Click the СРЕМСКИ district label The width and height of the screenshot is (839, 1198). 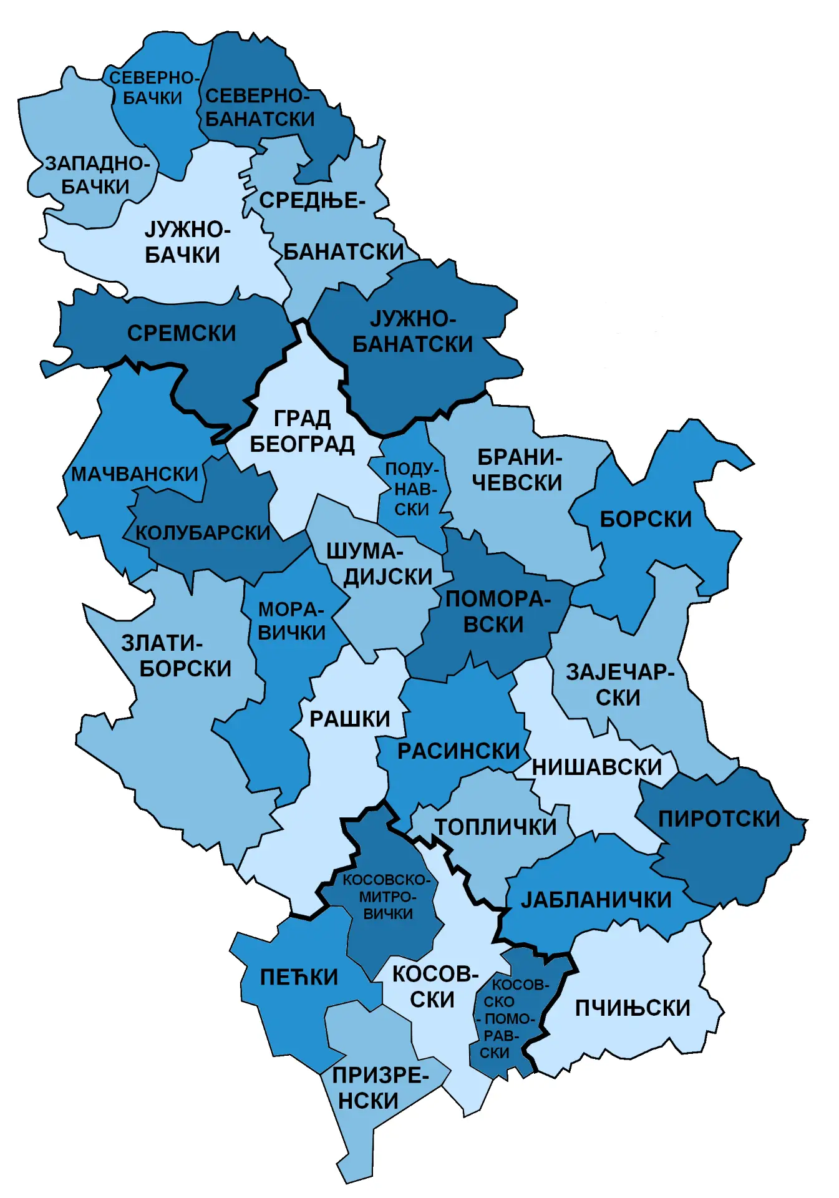point(182,333)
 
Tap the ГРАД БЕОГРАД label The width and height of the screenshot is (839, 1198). point(302,431)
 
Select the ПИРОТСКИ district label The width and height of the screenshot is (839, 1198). point(719,819)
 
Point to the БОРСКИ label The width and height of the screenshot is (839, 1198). point(646,519)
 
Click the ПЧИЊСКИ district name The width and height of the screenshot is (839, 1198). point(633,1008)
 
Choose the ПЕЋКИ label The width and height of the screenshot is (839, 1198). point(299,977)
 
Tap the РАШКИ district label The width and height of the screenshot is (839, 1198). point(349,719)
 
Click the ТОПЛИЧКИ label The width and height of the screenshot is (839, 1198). point(495,827)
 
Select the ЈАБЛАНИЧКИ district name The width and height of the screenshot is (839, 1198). point(596,900)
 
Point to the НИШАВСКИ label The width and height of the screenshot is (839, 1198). point(596,767)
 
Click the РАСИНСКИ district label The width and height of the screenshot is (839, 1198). point(458,751)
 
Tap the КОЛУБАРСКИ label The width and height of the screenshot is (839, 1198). point(203,533)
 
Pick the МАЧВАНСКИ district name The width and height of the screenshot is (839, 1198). point(134,474)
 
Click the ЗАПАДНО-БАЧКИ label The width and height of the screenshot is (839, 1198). point(97,175)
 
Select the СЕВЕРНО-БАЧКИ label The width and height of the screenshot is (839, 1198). point(153,88)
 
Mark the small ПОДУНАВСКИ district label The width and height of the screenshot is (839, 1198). point(412,489)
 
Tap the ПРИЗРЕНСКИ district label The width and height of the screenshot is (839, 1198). point(379,1088)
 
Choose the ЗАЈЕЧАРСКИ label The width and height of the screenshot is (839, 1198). point(619,684)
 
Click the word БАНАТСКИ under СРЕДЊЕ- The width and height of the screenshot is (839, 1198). point(344,252)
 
